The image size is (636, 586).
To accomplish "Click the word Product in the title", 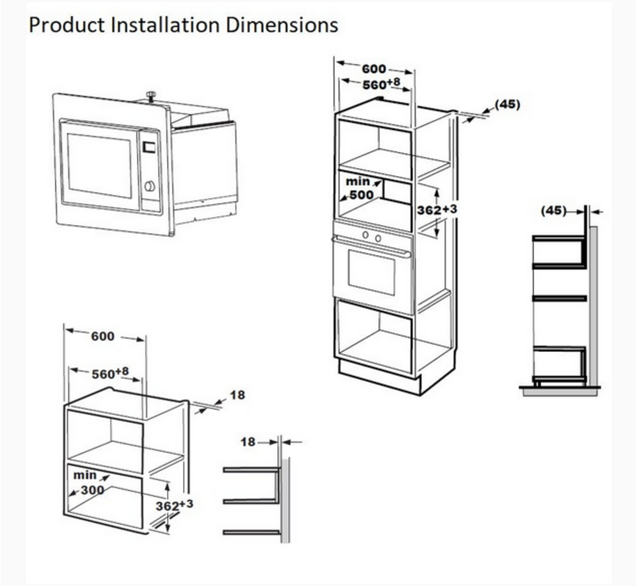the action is pos(67,25).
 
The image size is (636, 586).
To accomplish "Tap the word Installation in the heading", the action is pos(165,25).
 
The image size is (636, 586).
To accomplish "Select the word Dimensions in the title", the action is pos(282,25).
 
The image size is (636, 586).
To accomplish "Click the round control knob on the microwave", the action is pos(149,186).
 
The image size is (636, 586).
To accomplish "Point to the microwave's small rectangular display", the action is pos(149,146).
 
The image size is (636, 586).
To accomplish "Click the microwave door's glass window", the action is pos(99,165).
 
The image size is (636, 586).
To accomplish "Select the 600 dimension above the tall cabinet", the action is pos(374,69).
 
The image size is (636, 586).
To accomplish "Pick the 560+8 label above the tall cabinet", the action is pos(382,84).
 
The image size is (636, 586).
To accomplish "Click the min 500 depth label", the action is pos(359,189).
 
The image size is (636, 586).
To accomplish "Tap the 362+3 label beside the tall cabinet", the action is pos(437,210).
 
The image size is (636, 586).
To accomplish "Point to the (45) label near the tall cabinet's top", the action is pos(508,104).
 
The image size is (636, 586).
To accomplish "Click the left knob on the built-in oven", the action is pos(366,235).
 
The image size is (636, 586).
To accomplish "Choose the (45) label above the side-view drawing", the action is pos(553,210).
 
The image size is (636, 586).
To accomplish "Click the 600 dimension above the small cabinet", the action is pos(103,336).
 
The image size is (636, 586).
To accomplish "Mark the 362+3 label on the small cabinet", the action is pos(174,505).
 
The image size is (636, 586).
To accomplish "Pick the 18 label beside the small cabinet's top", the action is pos(237,395).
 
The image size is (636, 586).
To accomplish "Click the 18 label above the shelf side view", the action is pos(248,442).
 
